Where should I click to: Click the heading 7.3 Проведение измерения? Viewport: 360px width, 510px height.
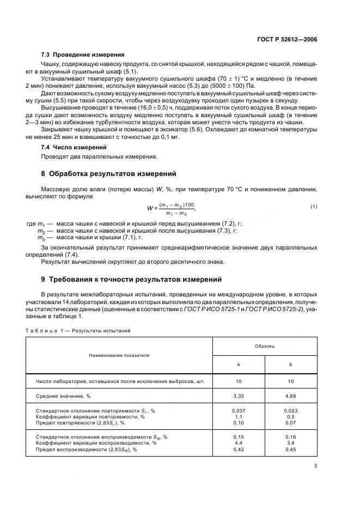tap(83, 55)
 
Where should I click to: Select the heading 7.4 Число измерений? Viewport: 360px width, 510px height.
tap(74, 147)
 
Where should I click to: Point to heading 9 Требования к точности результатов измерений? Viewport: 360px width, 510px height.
tap(131, 280)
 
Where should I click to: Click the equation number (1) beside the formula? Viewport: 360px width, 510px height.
tap(314, 206)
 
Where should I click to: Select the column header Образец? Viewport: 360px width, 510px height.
tap(264, 346)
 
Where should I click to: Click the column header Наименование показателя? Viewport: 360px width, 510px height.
tap(119, 355)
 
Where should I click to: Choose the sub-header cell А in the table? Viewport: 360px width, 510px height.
tap(238, 364)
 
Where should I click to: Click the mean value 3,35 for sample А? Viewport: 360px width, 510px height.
tap(238, 396)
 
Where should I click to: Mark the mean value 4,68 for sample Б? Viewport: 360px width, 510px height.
tap(290, 396)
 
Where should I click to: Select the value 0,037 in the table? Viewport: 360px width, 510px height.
tap(238, 410)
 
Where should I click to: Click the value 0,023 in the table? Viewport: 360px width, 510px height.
tap(290, 410)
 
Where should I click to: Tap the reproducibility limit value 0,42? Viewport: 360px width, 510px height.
tap(238, 450)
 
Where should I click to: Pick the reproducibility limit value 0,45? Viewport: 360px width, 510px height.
tap(290, 450)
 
